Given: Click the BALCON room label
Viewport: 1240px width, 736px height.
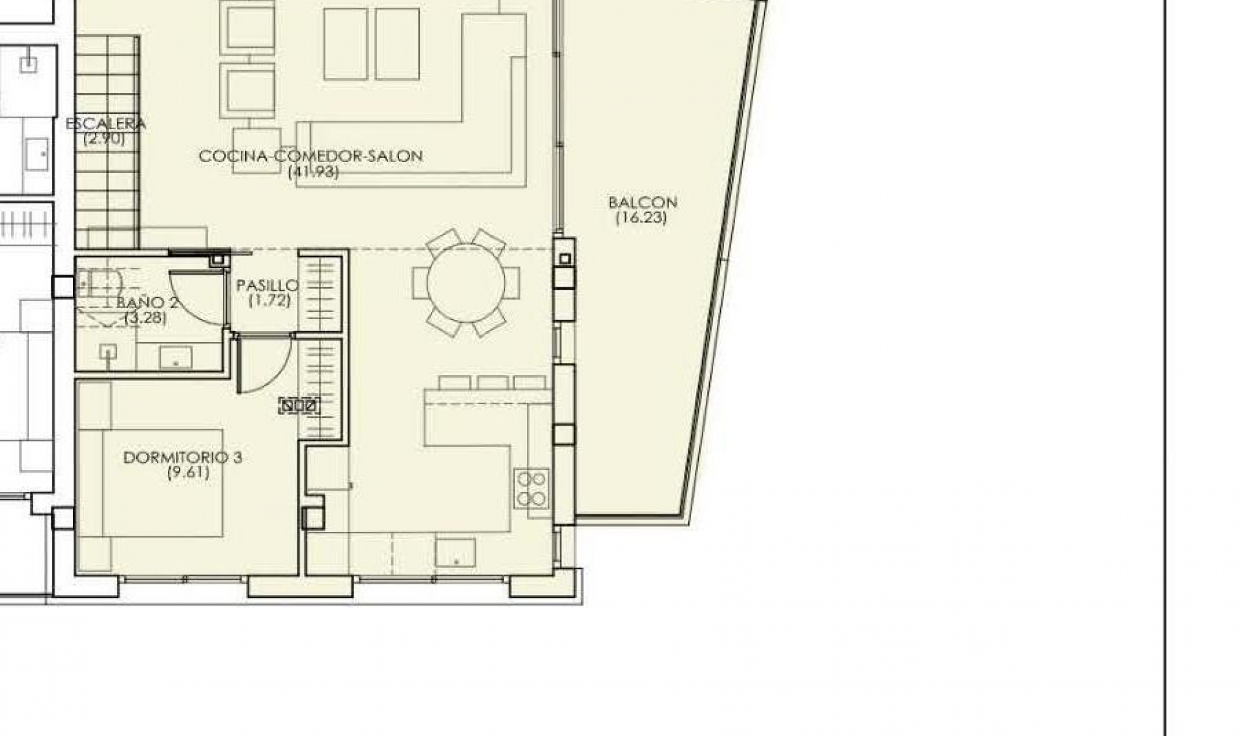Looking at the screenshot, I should (x=643, y=203).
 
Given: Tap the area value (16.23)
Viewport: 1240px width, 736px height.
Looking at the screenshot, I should (x=641, y=218).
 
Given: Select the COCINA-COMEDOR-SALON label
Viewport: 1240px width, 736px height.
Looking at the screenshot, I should (x=311, y=156).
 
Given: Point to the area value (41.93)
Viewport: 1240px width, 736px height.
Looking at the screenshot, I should (x=313, y=171).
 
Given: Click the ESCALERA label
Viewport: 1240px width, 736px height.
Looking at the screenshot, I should (x=106, y=123).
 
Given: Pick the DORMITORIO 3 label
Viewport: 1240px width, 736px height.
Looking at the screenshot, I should (x=183, y=458).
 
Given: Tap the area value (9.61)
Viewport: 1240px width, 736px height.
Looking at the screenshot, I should (x=188, y=473).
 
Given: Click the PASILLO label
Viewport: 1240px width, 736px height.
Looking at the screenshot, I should (x=267, y=285).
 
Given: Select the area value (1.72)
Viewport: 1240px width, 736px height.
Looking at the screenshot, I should (x=269, y=300).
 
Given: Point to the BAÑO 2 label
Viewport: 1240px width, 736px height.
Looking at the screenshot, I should (x=147, y=303).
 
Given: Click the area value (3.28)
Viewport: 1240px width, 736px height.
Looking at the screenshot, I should (x=145, y=318).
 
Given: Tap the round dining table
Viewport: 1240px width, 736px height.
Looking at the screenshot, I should (x=466, y=283).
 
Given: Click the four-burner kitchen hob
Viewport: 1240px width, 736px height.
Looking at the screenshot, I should (x=532, y=487).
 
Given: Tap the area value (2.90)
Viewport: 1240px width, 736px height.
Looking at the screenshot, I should (x=104, y=138).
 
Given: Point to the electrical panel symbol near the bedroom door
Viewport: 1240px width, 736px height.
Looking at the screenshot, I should (x=300, y=406).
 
